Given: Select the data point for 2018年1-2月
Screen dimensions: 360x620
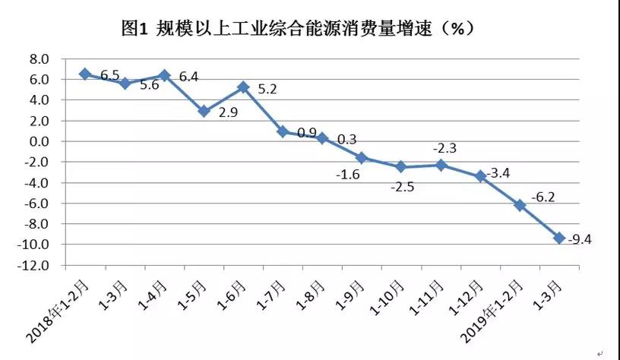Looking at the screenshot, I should pos(85,74).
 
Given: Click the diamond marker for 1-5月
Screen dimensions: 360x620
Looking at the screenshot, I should pos(204,111).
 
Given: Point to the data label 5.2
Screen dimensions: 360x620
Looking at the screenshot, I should pos(268,89).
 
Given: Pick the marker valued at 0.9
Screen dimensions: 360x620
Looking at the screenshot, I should pos(283,131).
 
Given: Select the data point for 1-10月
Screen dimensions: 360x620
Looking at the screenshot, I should pos(401,167).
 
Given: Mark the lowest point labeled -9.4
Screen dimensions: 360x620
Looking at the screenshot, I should pos(559,238).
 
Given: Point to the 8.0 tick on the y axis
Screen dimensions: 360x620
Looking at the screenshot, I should pos(39,59).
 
